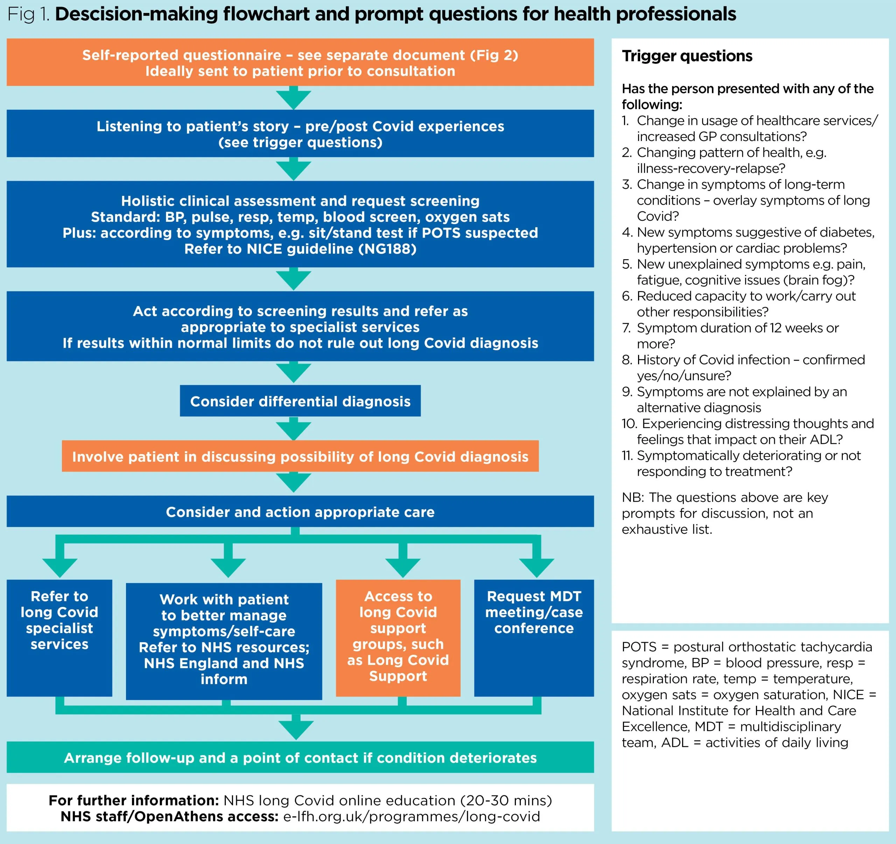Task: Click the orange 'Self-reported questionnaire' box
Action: point(300,62)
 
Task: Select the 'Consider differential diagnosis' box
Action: point(300,401)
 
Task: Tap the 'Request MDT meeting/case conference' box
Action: point(534,637)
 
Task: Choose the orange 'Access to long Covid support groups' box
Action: point(398,637)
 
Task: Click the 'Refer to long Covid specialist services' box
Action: point(59,637)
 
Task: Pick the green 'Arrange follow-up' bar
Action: point(300,758)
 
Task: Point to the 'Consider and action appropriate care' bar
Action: point(300,512)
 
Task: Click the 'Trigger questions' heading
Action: point(687,56)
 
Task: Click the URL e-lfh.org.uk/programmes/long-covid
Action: point(411,816)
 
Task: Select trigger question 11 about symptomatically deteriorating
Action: point(748,463)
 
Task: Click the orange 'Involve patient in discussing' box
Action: point(300,456)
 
